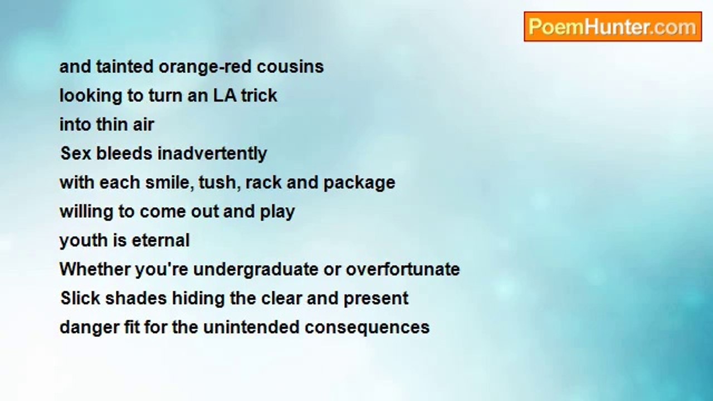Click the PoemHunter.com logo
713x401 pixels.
coord(613,27)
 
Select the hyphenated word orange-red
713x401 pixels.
coord(205,67)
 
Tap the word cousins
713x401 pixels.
coord(290,66)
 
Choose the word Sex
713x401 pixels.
coord(76,153)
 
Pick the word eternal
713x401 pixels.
coord(161,240)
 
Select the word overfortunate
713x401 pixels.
coord(403,269)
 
